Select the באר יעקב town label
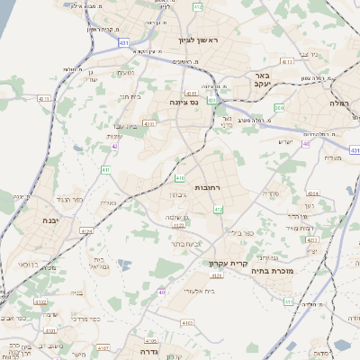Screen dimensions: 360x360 263,80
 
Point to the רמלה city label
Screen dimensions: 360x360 339,103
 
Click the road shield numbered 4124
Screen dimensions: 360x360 86,230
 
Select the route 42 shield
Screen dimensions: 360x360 115,145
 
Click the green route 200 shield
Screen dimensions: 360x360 279,108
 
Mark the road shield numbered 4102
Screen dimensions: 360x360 40,302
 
